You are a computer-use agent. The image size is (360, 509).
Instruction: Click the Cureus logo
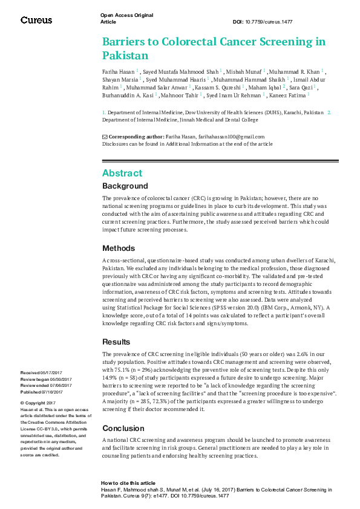[x=36, y=20]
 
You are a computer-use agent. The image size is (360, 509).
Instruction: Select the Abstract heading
[x=122, y=172]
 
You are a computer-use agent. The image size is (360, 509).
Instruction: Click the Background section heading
[x=125, y=186]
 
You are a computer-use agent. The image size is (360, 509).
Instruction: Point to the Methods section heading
[x=119, y=248]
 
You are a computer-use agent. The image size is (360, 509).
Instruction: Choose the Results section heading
[x=117, y=342]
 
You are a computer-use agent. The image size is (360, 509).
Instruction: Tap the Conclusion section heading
[x=123, y=428]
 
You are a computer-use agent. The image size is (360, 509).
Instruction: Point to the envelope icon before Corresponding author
[x=105, y=137]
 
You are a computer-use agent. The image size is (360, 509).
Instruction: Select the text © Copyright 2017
[x=38, y=403]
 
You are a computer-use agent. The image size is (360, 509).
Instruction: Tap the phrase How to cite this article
[x=129, y=484]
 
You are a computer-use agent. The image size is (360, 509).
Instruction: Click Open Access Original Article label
[x=126, y=18]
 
